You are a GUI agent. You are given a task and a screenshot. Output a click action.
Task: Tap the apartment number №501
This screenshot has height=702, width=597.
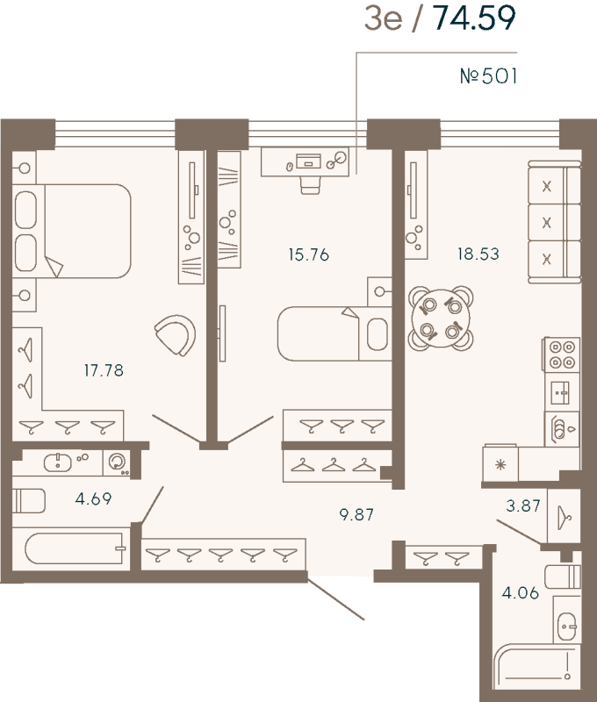pyautogui.click(x=489, y=76)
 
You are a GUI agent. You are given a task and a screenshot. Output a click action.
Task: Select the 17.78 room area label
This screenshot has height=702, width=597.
pyautogui.click(x=103, y=370)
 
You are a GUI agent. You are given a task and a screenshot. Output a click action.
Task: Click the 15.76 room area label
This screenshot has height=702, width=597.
pyautogui.click(x=308, y=255)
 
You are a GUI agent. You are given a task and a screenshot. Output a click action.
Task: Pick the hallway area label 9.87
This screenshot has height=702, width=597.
pyautogui.click(x=356, y=514)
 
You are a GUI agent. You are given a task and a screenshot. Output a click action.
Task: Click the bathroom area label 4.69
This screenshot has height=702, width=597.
pyautogui.click(x=94, y=499)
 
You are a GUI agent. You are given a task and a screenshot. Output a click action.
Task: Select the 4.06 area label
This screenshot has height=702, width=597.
pyautogui.click(x=521, y=593)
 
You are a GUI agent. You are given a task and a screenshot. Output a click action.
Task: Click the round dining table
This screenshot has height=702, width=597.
pyautogui.click(x=440, y=318)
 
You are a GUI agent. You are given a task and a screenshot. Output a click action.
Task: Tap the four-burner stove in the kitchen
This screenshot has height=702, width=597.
pyautogui.click(x=561, y=353)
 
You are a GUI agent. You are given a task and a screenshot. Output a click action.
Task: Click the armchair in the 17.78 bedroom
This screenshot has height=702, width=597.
pyautogui.click(x=175, y=335)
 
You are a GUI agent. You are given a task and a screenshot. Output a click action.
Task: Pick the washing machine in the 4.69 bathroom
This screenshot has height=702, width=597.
pyautogui.click(x=116, y=462)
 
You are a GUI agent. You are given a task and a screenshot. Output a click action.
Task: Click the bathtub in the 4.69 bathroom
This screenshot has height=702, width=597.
pyautogui.click(x=75, y=548)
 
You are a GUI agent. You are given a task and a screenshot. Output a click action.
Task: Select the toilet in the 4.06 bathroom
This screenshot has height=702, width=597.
pyautogui.click(x=561, y=577)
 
